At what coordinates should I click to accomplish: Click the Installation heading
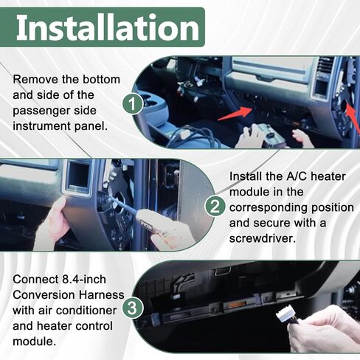point(108,27)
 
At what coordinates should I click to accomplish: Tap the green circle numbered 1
point(133,104)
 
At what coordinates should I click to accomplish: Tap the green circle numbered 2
point(215,207)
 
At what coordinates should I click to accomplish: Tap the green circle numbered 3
point(132,308)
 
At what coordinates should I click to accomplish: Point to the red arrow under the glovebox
point(235,114)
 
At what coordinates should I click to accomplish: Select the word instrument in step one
point(41,126)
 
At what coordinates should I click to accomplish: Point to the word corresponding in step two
point(268,208)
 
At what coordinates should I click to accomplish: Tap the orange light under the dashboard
point(232,306)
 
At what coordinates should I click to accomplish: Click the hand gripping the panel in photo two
point(50,227)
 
